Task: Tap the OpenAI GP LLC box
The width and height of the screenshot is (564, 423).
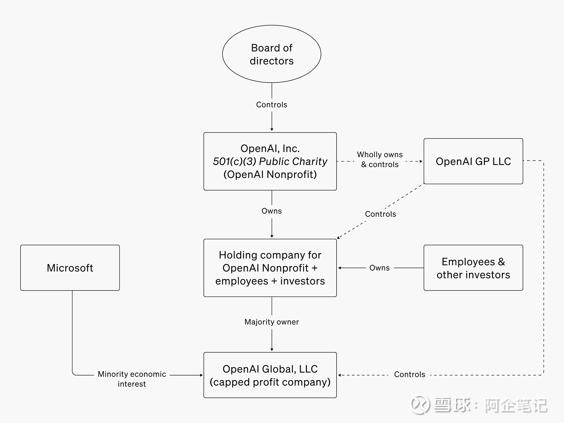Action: click(473, 161)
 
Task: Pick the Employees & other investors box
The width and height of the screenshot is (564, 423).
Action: click(473, 268)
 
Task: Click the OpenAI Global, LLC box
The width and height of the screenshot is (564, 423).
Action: click(270, 375)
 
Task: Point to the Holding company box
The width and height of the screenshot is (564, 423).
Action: click(270, 268)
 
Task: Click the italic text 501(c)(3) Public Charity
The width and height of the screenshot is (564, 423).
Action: click(270, 162)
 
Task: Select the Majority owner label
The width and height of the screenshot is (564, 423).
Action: click(272, 322)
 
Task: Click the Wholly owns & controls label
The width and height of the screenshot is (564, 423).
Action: click(380, 159)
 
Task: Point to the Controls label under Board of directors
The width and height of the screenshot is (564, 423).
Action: click(272, 105)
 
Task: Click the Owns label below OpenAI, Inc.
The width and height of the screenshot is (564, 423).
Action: click(272, 211)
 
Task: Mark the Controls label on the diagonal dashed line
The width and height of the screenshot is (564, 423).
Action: click(380, 214)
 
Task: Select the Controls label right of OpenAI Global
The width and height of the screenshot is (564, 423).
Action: click(409, 374)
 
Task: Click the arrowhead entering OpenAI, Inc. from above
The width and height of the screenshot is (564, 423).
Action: click(272, 130)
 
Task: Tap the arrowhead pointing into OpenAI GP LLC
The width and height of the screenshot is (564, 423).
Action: click(421, 161)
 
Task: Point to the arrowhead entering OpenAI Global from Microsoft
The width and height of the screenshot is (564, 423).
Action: click(201, 375)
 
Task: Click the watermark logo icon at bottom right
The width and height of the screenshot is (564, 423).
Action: click(420, 404)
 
